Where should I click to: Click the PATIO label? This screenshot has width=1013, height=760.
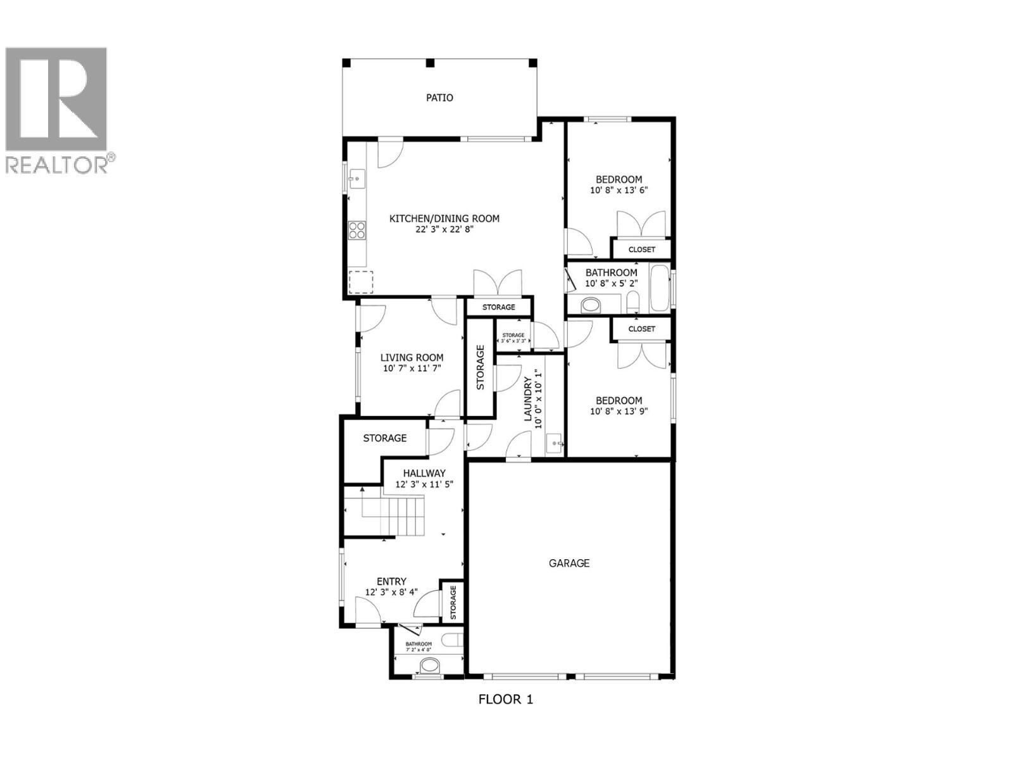(x=439, y=98)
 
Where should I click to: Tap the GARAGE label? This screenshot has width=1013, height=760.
(x=569, y=563)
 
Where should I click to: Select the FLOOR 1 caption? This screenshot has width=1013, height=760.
(x=505, y=700)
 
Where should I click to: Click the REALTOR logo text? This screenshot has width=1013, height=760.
(x=57, y=165)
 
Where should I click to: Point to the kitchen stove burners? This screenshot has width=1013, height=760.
(x=357, y=229)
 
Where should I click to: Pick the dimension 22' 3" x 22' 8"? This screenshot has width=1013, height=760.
(x=444, y=230)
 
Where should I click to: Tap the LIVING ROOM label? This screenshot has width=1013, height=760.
(x=412, y=358)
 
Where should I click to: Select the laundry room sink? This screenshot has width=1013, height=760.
(x=553, y=443)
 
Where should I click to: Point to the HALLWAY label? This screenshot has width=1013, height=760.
(x=424, y=473)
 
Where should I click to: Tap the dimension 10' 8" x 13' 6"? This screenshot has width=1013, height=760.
(x=619, y=190)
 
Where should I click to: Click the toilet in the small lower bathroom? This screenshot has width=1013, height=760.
(x=430, y=666)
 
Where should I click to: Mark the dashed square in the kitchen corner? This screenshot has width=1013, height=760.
(x=361, y=282)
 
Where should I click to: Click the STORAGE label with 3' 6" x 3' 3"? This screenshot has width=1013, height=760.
(x=513, y=335)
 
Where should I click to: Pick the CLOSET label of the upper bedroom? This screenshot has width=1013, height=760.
(x=641, y=250)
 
